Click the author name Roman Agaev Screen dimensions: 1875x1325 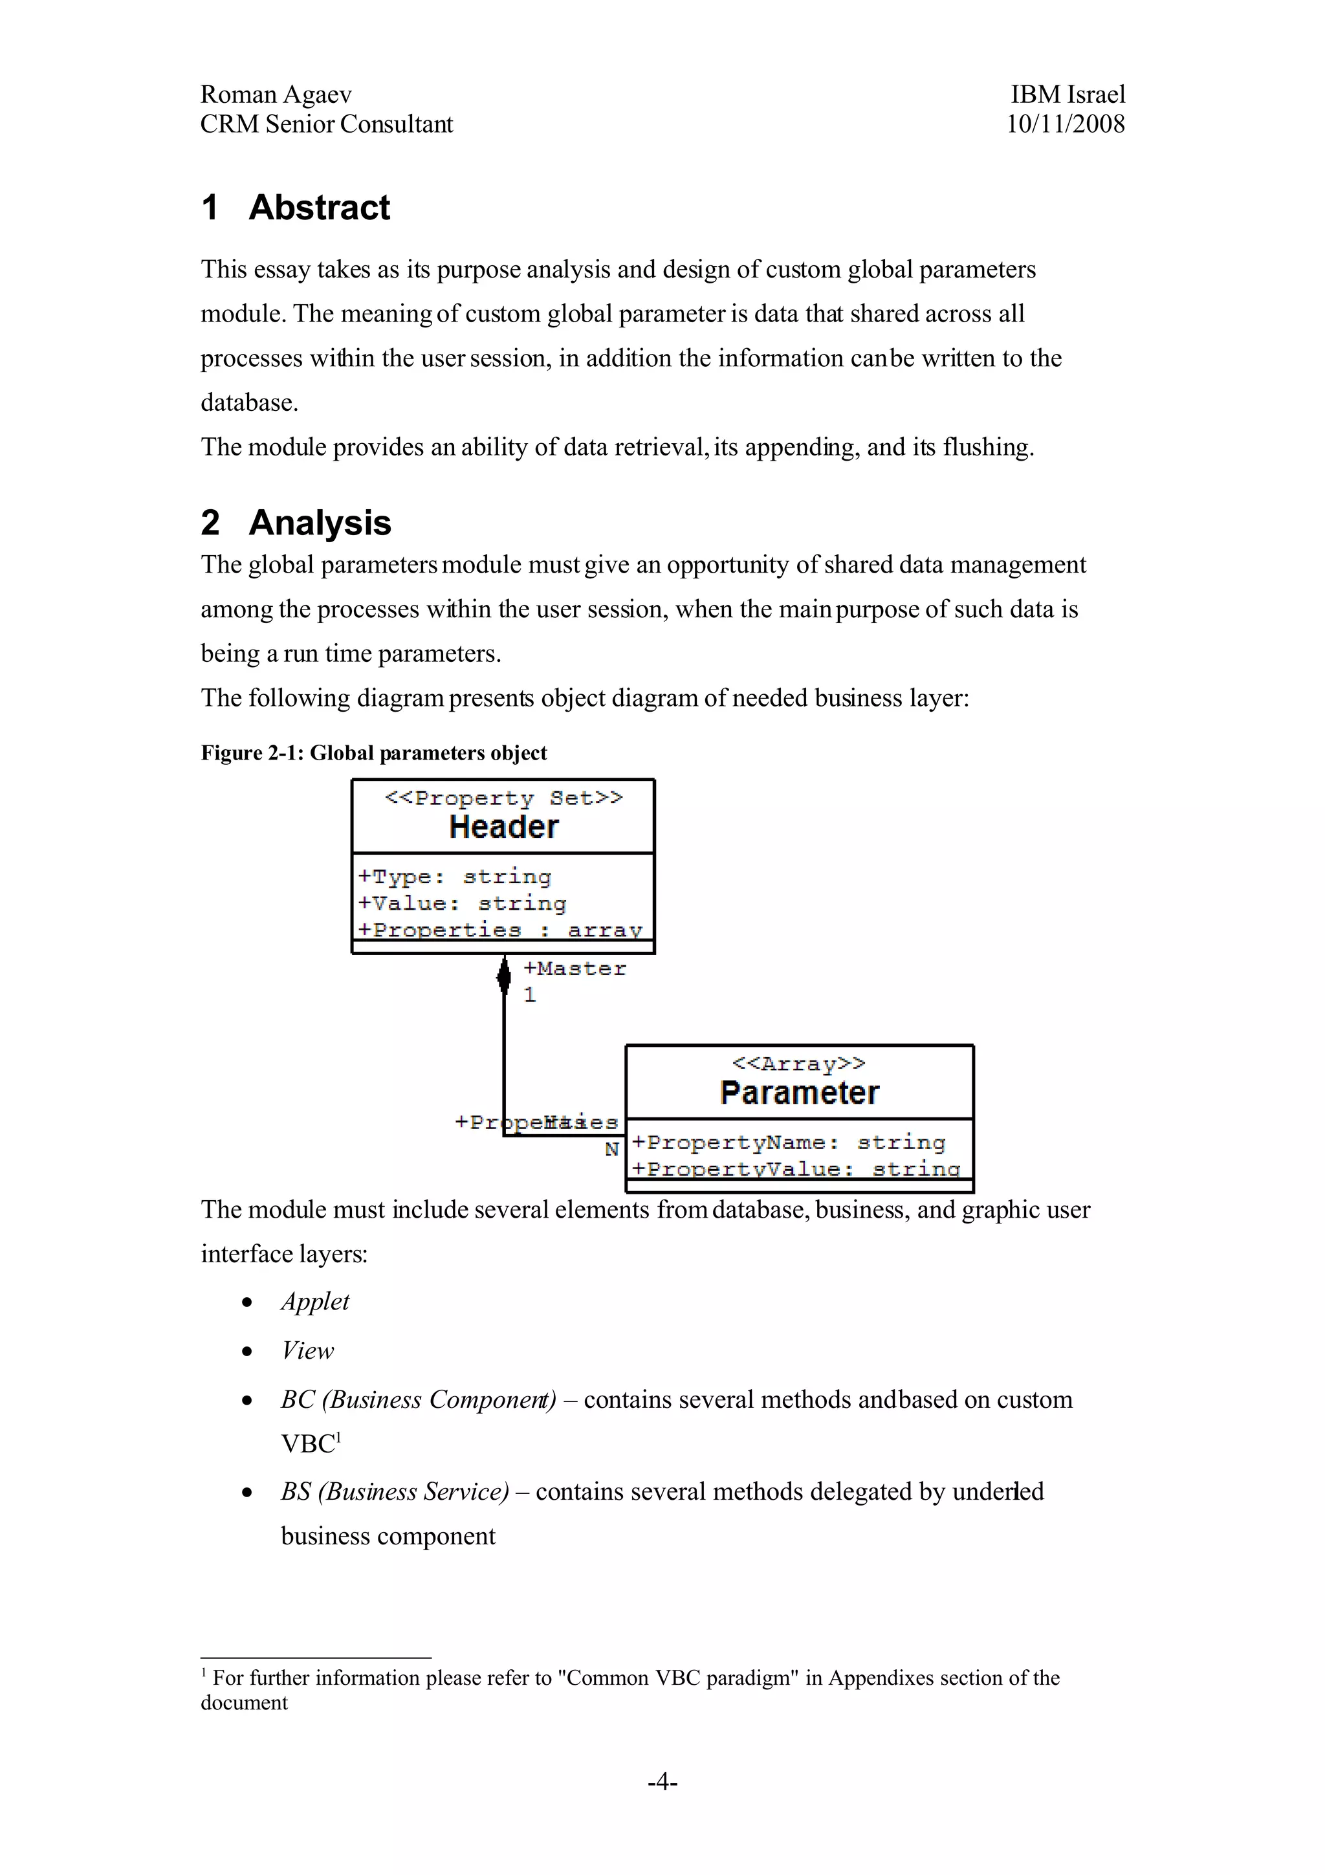[276, 94]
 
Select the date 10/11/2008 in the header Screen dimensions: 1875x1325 [1066, 124]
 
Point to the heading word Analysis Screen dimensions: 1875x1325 [320, 523]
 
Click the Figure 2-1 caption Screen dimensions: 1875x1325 [374, 753]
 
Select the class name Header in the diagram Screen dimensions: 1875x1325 [504, 828]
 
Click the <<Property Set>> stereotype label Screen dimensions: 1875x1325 [504, 798]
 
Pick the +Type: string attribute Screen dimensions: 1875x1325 [455, 877]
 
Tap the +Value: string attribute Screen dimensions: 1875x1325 [462, 904]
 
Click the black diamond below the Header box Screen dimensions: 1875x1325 [504, 975]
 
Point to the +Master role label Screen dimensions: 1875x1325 [575, 969]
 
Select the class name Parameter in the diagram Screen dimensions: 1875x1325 [799, 1093]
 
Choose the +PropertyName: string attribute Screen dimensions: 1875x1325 [789, 1143]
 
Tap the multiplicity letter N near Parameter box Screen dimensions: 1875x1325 [612, 1150]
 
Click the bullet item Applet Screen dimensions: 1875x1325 [315, 1302]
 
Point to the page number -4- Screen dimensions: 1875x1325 [662, 1781]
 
